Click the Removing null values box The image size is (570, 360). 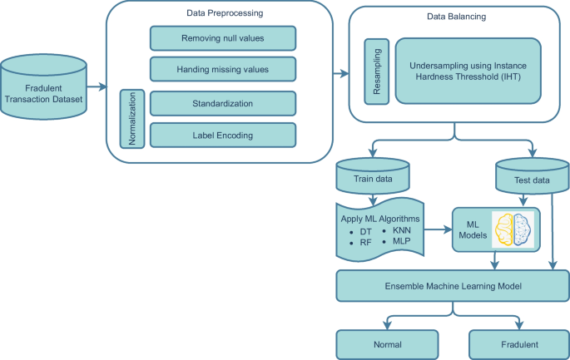point(223,38)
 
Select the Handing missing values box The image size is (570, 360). point(223,69)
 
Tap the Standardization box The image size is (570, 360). point(223,104)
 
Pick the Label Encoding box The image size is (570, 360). point(223,136)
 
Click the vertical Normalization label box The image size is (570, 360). point(132,119)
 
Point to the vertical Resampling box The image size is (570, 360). point(377,72)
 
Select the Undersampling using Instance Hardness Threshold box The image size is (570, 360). point(468,72)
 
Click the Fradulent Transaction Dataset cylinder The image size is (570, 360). point(43,86)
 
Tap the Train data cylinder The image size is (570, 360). point(373,176)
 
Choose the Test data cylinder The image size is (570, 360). point(533,176)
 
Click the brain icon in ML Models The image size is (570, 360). point(513,229)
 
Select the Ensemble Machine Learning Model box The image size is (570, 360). point(453,286)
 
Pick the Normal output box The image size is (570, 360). point(387,344)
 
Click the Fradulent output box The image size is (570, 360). point(519,344)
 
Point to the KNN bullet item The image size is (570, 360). point(397,230)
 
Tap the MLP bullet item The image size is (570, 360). point(397,241)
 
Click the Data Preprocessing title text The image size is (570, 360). point(225,13)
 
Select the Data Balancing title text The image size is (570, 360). point(456,17)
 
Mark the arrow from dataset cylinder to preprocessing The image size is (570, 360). point(97,86)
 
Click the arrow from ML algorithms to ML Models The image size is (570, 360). point(438,229)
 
